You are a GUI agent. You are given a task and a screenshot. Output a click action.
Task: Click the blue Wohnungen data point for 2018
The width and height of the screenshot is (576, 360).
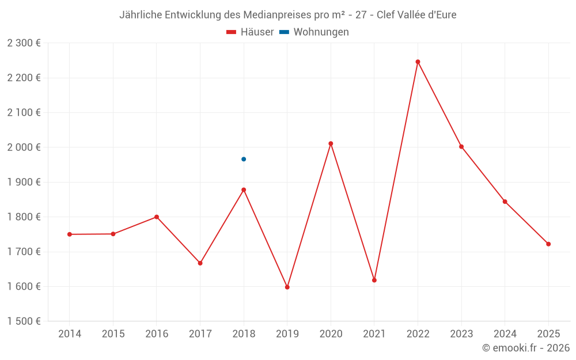click(x=244, y=159)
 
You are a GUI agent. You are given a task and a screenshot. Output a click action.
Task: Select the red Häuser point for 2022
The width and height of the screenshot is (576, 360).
click(x=418, y=62)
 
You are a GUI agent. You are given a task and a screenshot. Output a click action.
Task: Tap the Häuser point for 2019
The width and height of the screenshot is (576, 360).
click(x=287, y=287)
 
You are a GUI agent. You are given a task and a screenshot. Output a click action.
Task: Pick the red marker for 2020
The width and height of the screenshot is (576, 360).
click(x=331, y=143)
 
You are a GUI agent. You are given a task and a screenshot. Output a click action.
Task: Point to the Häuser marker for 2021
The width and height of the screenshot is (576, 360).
click(x=374, y=280)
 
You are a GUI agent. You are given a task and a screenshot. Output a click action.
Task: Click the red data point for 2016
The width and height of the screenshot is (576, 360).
click(x=157, y=217)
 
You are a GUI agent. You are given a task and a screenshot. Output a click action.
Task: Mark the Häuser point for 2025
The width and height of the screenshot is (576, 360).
click(x=548, y=244)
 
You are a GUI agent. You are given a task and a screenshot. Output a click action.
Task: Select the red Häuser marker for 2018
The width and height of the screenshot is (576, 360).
click(x=244, y=190)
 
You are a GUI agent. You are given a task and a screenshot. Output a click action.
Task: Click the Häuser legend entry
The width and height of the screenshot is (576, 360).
click(x=250, y=32)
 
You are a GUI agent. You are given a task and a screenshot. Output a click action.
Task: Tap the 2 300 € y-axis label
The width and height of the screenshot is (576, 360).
click(x=24, y=43)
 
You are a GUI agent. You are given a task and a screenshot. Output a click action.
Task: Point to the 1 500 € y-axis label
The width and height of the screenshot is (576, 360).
click(x=24, y=321)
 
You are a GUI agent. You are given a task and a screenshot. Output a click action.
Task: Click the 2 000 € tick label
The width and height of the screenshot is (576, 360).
click(x=24, y=147)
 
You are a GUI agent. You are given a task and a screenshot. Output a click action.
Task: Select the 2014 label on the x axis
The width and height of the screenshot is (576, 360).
click(x=70, y=334)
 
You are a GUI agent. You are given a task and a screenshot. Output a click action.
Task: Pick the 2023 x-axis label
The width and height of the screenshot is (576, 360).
click(x=461, y=334)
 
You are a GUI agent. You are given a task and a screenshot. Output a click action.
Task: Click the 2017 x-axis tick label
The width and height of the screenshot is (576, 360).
click(x=200, y=334)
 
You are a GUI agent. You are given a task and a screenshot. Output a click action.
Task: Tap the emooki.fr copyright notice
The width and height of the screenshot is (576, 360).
click(x=526, y=348)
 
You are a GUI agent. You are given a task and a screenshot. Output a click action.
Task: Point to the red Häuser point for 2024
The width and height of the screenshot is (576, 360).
click(x=505, y=202)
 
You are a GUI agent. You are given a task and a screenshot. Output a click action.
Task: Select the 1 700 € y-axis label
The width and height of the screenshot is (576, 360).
click(x=24, y=252)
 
